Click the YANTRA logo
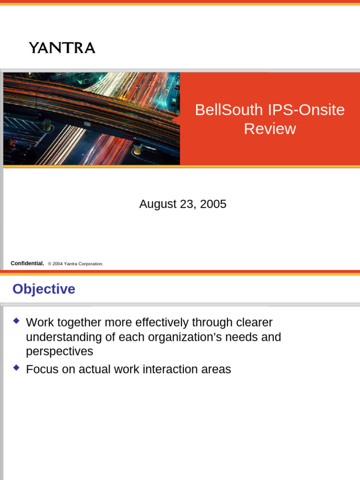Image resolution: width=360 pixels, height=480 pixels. click(62, 48)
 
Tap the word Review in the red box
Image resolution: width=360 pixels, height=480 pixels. click(270, 129)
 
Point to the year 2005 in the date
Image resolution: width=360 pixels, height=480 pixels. click(213, 204)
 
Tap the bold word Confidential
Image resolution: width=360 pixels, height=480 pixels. click(27, 263)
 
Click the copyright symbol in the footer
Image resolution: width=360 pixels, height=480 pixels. click(49, 264)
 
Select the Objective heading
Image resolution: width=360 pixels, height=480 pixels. click(44, 289)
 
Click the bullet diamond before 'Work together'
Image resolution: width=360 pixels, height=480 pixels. click(17, 321)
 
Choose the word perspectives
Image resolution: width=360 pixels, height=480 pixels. click(60, 352)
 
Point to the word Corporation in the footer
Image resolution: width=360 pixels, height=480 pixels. click(90, 264)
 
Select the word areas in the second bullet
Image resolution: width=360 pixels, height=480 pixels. click(216, 369)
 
